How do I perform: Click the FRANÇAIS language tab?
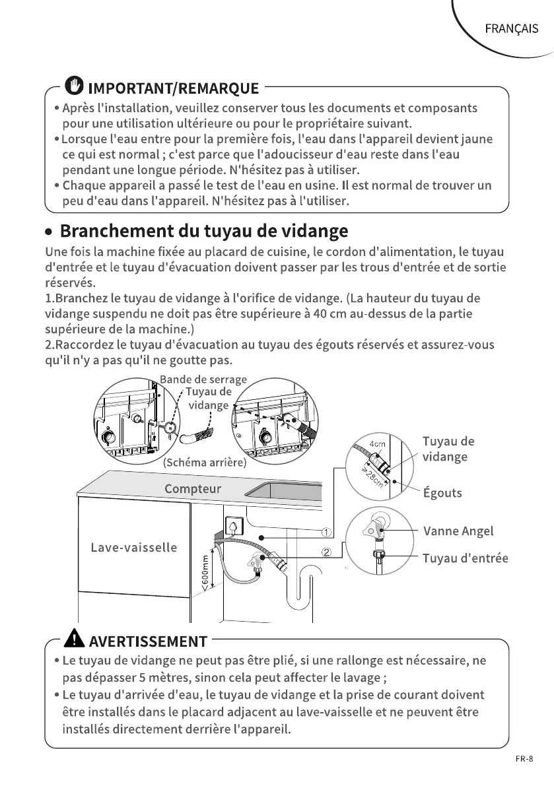click(x=512, y=29)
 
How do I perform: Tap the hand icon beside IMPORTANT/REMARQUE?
click(x=75, y=86)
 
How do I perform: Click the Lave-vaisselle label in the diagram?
click(x=134, y=548)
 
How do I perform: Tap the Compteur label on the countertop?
click(x=193, y=489)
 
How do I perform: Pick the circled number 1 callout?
click(x=326, y=533)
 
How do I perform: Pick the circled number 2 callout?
click(x=326, y=552)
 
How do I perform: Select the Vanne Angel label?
click(x=458, y=531)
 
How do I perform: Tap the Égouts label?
click(x=442, y=493)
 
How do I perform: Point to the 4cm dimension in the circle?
click(x=377, y=443)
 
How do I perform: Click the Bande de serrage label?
click(x=203, y=379)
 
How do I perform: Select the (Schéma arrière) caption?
click(x=204, y=463)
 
